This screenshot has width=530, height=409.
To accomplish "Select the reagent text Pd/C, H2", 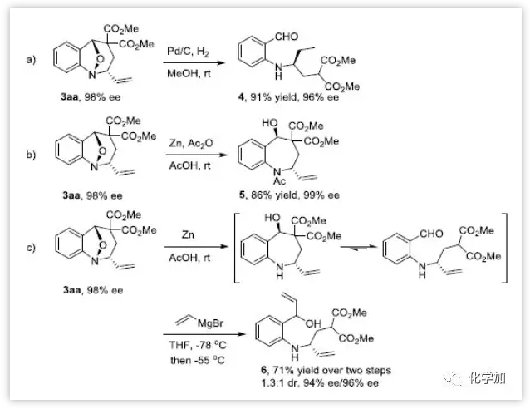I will (x=191, y=52).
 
